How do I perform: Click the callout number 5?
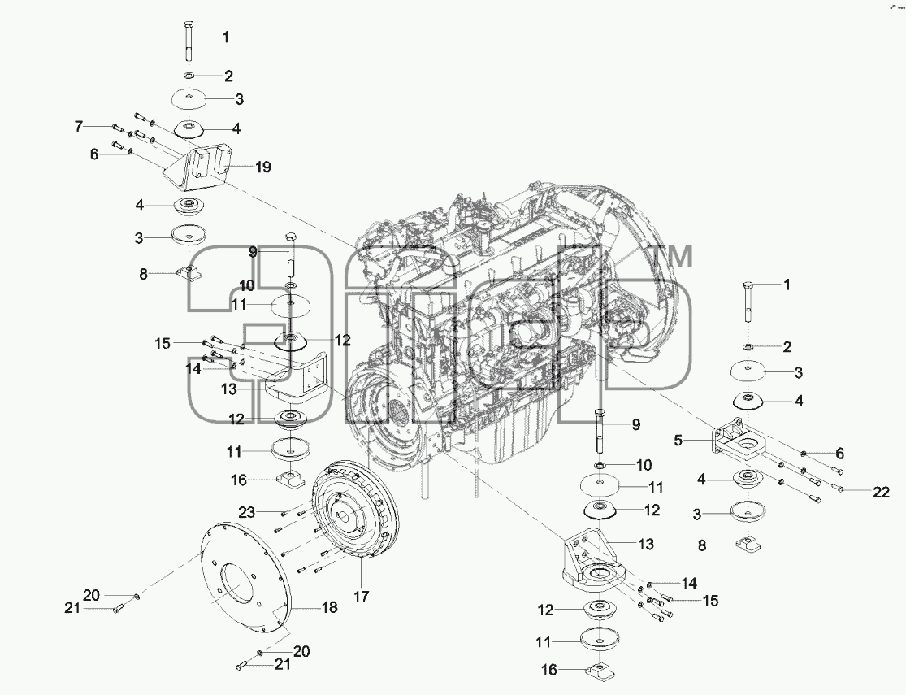coord(679,441)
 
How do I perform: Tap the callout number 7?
coord(79,125)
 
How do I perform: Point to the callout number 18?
coord(329,607)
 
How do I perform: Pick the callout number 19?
coord(263,167)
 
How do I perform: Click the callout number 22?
coord(881,492)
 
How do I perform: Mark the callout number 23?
coord(247,512)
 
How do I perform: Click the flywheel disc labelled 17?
coord(350,510)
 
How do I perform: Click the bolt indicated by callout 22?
coord(839,489)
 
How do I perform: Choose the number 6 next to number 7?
coord(94,154)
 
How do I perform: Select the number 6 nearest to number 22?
coord(839,454)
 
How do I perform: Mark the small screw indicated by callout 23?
coord(284,514)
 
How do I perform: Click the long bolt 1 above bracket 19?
coord(189,41)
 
